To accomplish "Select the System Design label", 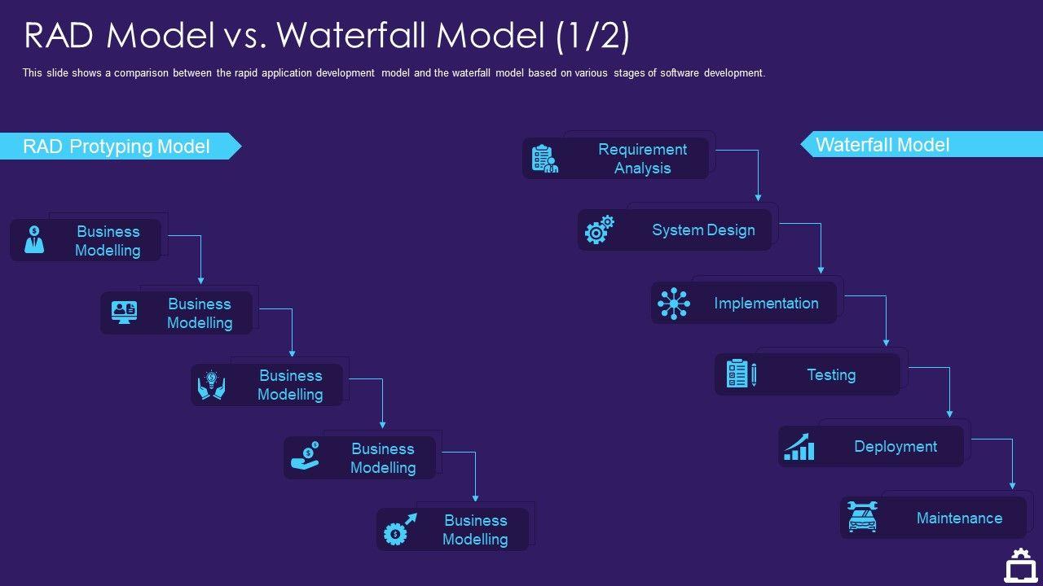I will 703,230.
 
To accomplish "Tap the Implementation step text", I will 766,304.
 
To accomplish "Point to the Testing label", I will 831,375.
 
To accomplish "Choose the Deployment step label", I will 896,447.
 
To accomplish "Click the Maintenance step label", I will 959,518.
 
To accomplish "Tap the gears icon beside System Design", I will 599,230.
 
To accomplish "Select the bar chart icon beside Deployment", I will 799,447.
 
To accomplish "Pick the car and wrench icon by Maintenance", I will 862,517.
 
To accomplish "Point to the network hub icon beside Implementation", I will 674,304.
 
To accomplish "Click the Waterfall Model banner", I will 882,145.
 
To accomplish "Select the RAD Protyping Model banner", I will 117,146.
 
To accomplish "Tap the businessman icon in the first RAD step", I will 34,239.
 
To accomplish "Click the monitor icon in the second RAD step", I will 124,313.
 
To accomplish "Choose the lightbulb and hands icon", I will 212,385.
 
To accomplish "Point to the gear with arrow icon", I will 400,530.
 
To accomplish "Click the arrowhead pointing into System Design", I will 758,198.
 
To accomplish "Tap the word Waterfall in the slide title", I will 355,36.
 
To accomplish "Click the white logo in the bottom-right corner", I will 1019,565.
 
